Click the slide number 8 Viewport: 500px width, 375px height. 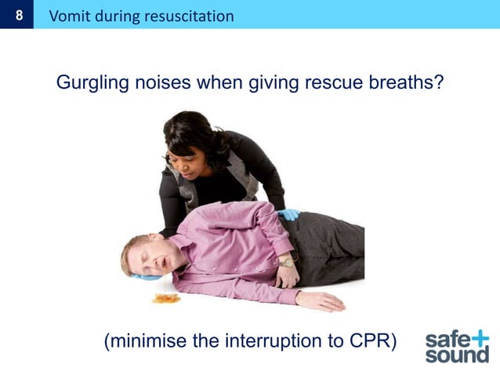[16, 15]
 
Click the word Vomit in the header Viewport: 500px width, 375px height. [69, 15]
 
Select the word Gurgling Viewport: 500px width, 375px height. [89, 82]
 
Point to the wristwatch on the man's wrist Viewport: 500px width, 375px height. [285, 262]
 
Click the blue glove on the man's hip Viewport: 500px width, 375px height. [288, 213]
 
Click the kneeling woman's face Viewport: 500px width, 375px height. [186, 151]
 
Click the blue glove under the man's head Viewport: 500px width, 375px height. [147, 276]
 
